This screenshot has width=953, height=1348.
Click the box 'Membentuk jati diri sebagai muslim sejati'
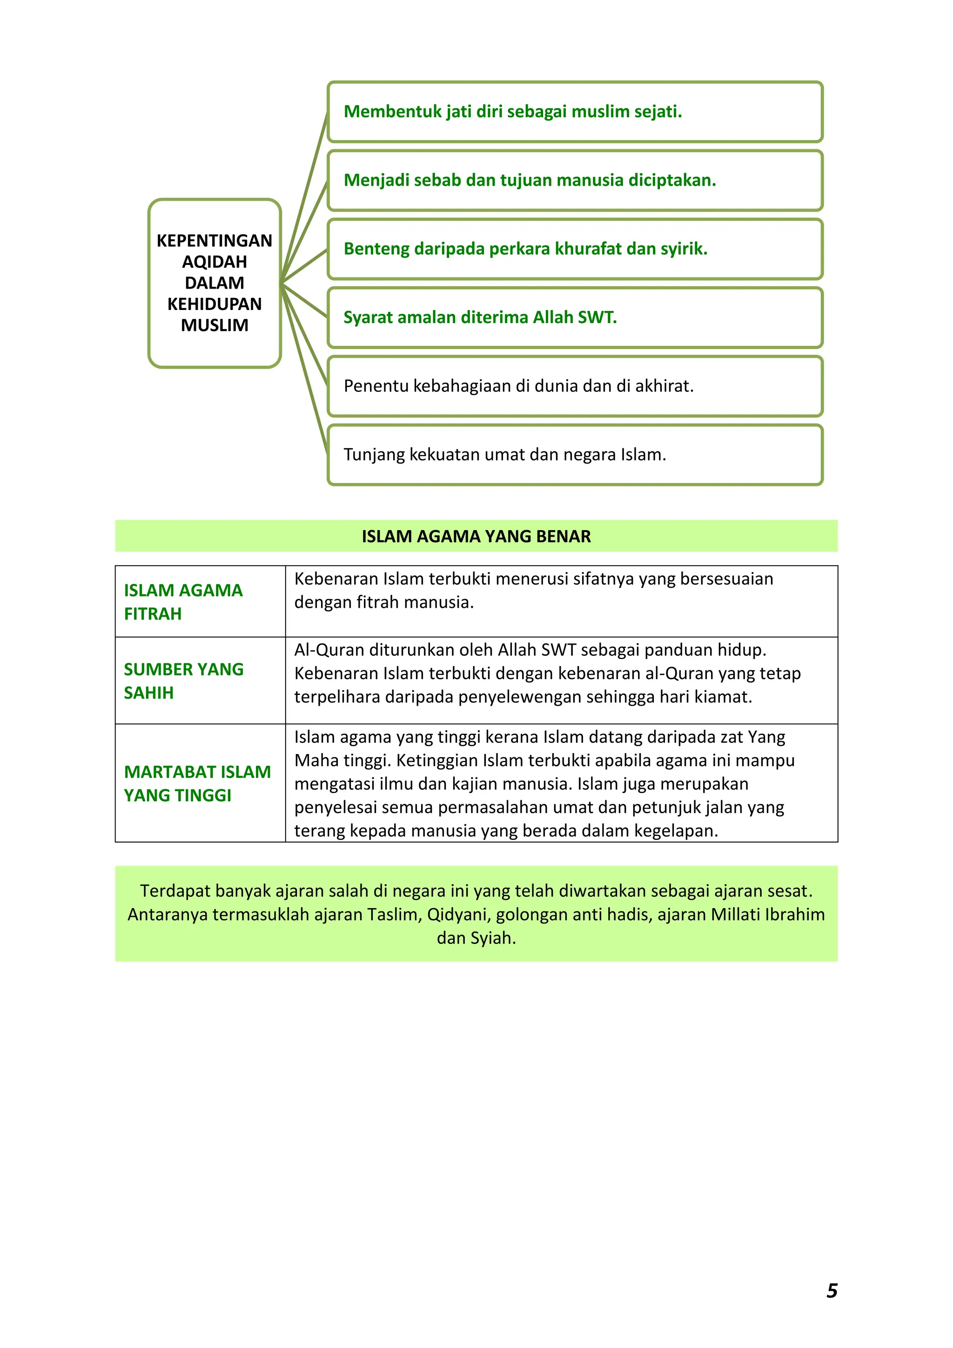[x=575, y=112]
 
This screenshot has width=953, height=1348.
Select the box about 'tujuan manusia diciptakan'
[x=575, y=180]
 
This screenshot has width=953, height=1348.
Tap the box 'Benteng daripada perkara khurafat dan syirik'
[x=575, y=249]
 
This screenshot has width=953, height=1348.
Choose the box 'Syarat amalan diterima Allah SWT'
[x=575, y=317]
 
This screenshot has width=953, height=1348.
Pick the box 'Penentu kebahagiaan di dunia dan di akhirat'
[x=575, y=386]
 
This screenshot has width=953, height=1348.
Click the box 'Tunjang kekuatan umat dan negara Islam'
[x=575, y=455]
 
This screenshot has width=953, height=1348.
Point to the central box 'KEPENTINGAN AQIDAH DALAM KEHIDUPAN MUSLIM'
[x=215, y=283]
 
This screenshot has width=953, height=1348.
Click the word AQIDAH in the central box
[x=215, y=262]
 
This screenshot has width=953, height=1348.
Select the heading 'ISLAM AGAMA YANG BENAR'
[x=476, y=536]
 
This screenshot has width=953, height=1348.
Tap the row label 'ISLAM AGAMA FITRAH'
[x=183, y=602]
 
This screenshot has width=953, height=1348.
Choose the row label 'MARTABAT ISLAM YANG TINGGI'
[x=197, y=783]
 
